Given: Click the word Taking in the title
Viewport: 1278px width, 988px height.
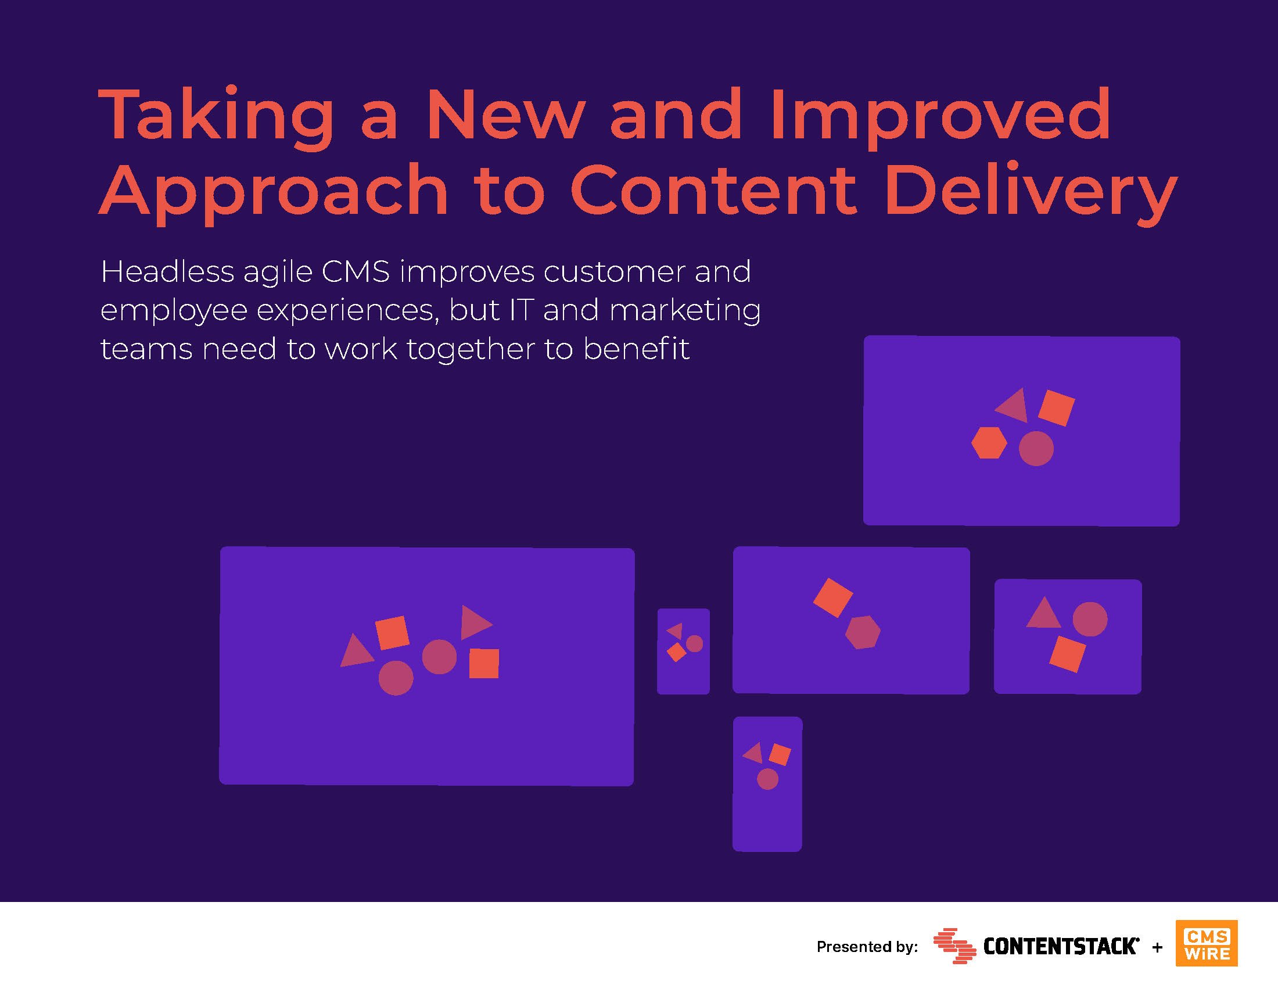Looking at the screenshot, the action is click(217, 116).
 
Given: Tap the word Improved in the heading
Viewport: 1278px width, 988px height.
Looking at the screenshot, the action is click(940, 116).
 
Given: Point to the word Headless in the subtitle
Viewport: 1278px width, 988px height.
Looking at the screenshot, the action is click(167, 272).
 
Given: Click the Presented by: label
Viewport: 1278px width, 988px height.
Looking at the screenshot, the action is click(867, 946).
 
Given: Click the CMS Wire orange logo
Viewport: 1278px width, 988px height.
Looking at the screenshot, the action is click(1207, 943).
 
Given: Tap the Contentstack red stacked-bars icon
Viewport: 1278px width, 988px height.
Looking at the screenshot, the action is click(954, 946).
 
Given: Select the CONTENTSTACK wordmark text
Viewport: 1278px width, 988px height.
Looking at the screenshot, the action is click(1061, 946).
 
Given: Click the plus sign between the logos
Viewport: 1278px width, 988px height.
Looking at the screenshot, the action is click(1157, 947).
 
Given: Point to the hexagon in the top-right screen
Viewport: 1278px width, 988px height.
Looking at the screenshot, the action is click(989, 442).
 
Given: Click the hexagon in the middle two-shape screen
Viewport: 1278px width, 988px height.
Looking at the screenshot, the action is click(863, 632).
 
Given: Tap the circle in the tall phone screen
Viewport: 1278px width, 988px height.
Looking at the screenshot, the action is click(768, 779).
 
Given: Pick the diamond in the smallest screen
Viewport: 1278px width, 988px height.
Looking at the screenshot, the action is click(676, 653).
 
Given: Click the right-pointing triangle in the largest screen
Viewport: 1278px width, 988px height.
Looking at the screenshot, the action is click(475, 623).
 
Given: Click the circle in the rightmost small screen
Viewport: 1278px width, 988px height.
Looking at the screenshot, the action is click(1090, 620).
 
